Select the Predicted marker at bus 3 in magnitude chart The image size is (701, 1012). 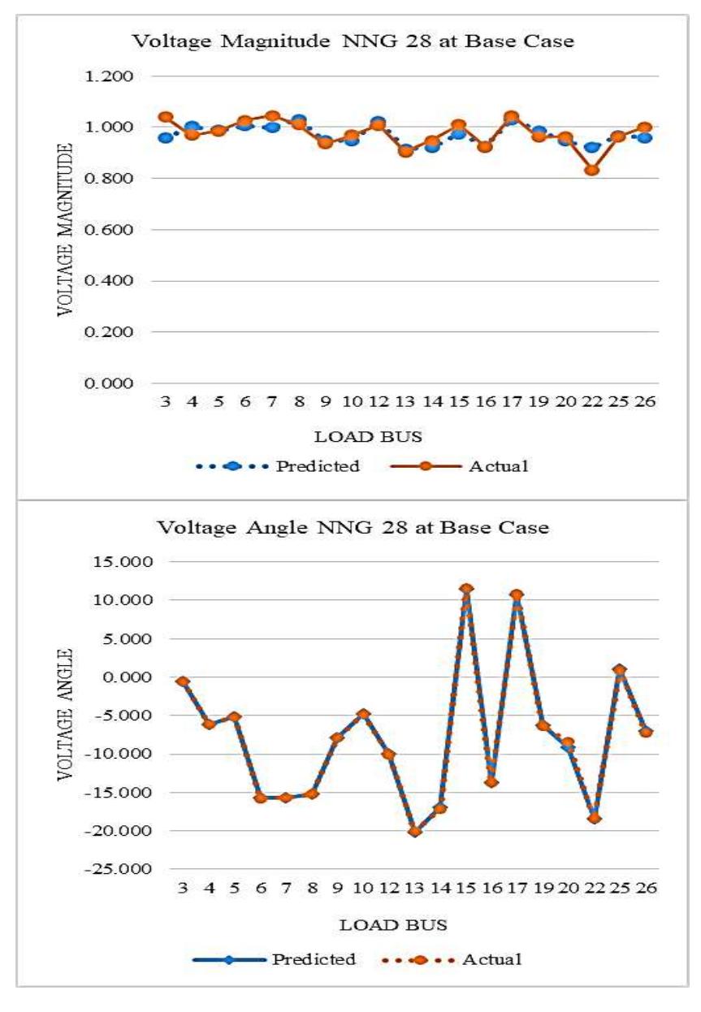pyautogui.click(x=166, y=137)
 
